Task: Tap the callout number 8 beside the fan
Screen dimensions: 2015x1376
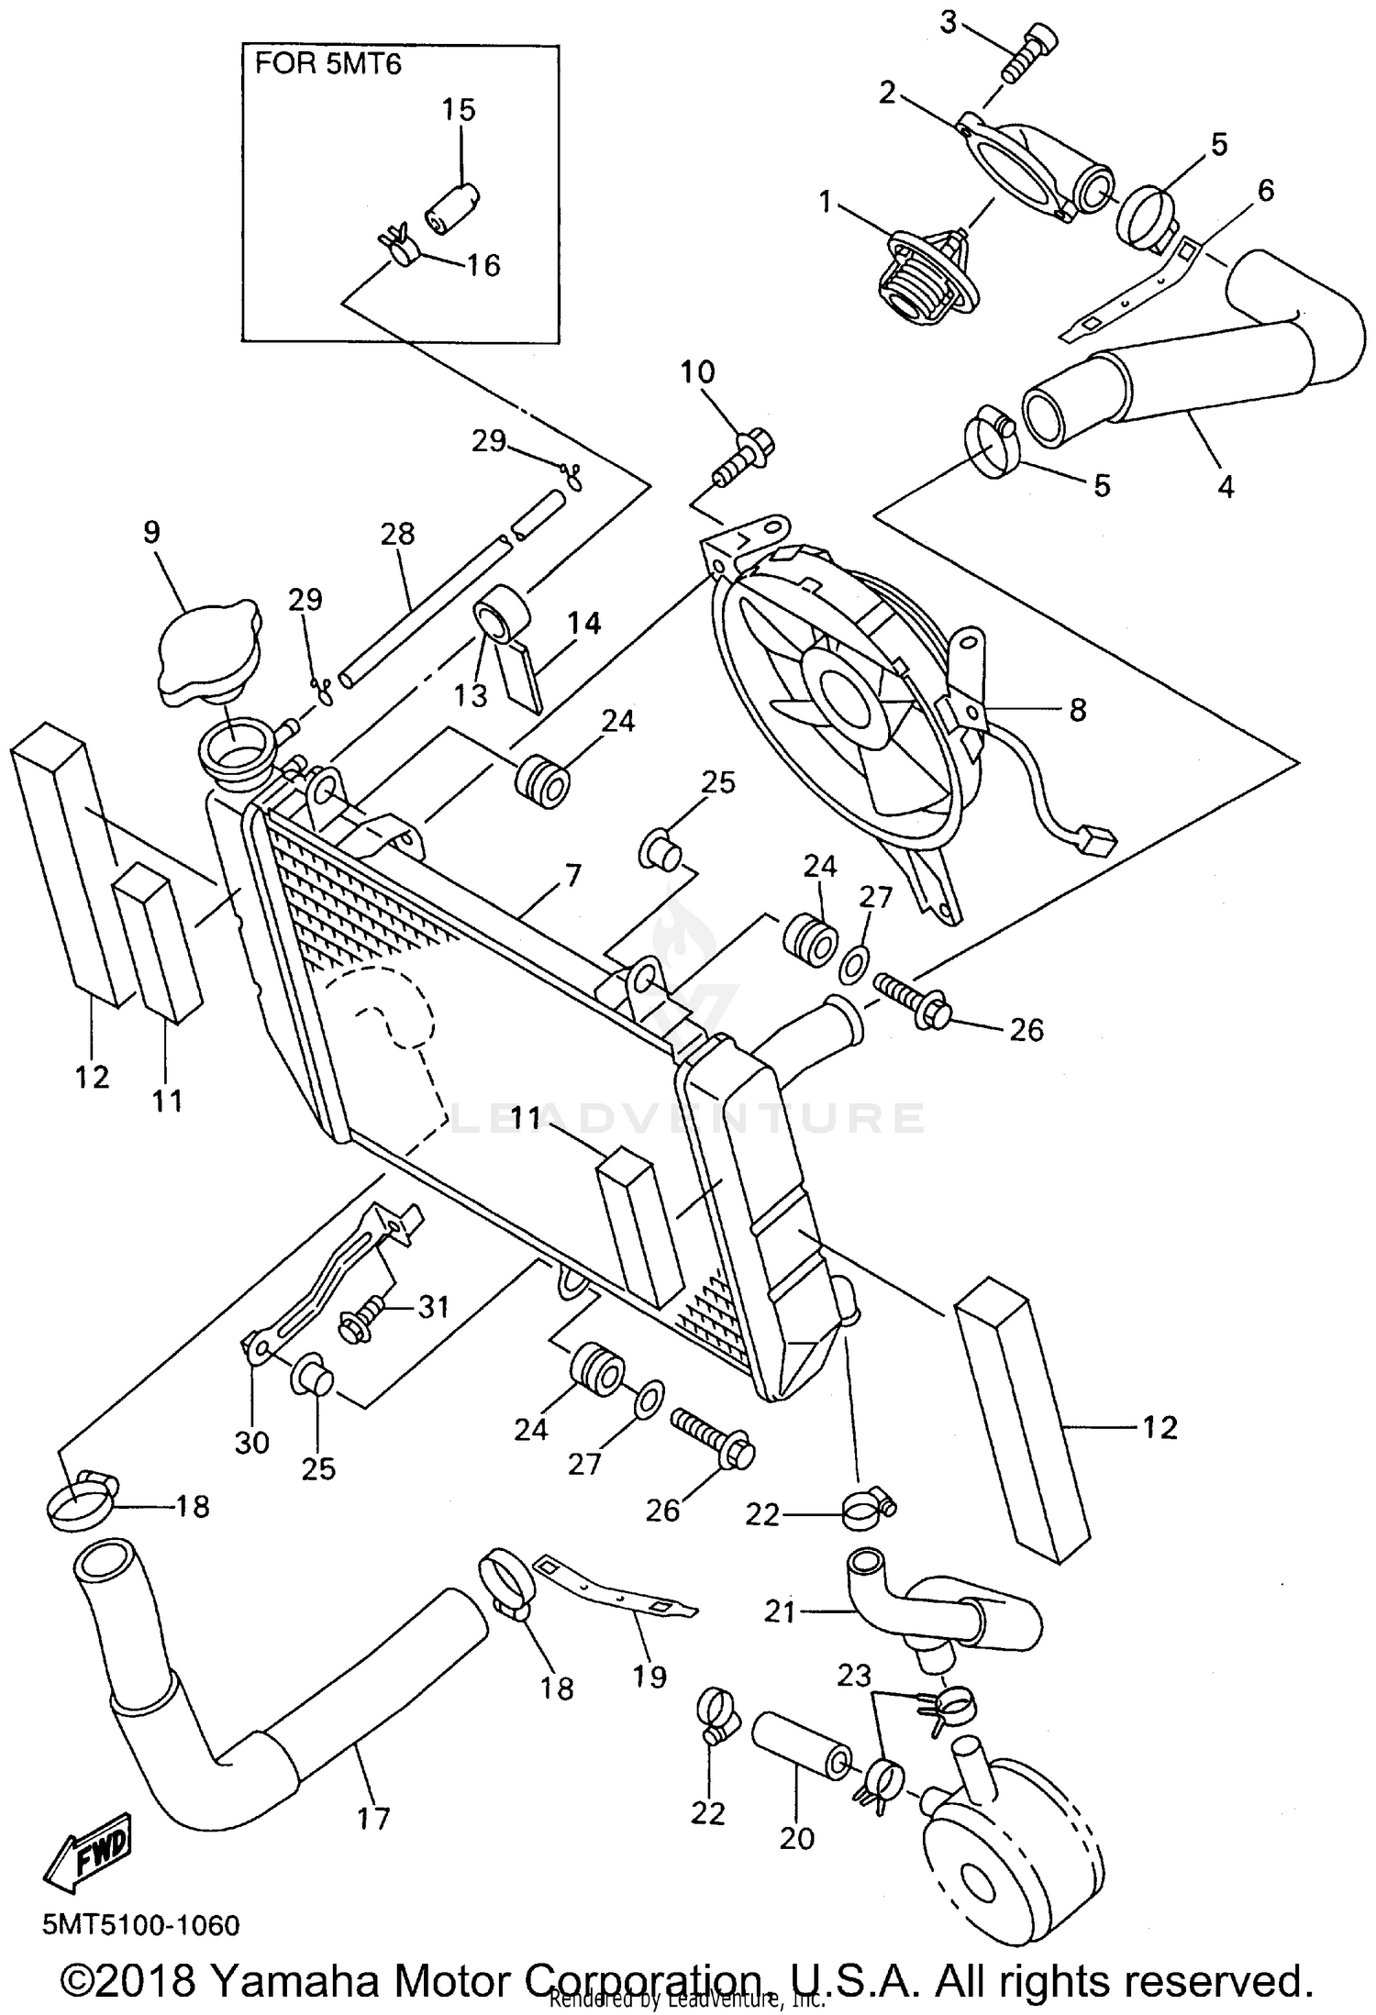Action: (x=1077, y=709)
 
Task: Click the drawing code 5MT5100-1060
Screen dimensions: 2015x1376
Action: (x=140, y=1924)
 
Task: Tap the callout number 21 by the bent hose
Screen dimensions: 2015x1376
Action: (x=780, y=1611)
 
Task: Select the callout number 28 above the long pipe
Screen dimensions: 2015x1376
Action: (x=397, y=534)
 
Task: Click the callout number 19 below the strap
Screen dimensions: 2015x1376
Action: (x=649, y=1677)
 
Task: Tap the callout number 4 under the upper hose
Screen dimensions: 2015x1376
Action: (x=1226, y=485)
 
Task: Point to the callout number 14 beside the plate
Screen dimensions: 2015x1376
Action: (x=583, y=624)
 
